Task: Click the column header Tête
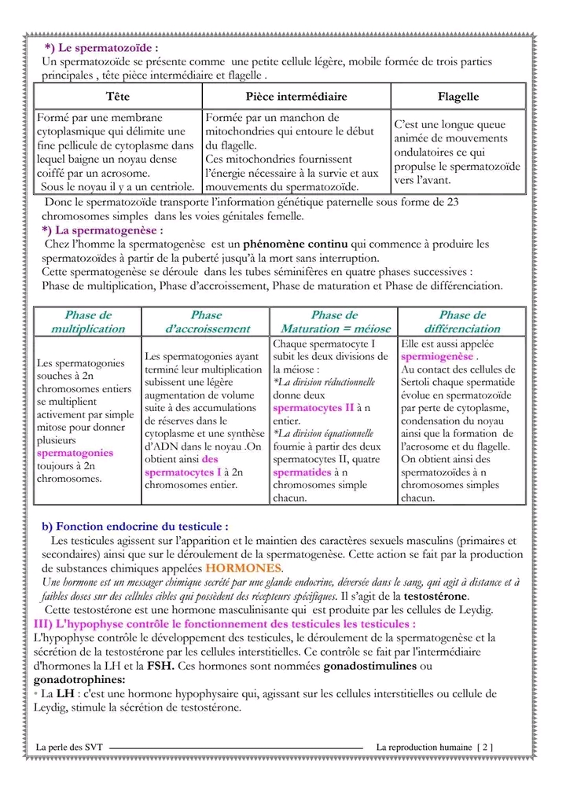(x=117, y=97)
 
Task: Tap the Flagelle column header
(x=458, y=97)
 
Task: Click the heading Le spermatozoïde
(x=105, y=49)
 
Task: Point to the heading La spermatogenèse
(x=105, y=230)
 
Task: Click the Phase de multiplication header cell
(x=88, y=322)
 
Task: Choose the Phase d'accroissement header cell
(x=207, y=322)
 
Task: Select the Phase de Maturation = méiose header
(x=334, y=322)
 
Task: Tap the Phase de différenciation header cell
(x=462, y=322)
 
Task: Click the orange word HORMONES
(x=243, y=568)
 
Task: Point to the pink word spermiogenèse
(x=437, y=357)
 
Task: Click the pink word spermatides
(x=303, y=472)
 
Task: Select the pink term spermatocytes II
(x=313, y=408)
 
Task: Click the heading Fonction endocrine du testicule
(x=135, y=527)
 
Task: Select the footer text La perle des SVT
(x=70, y=747)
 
